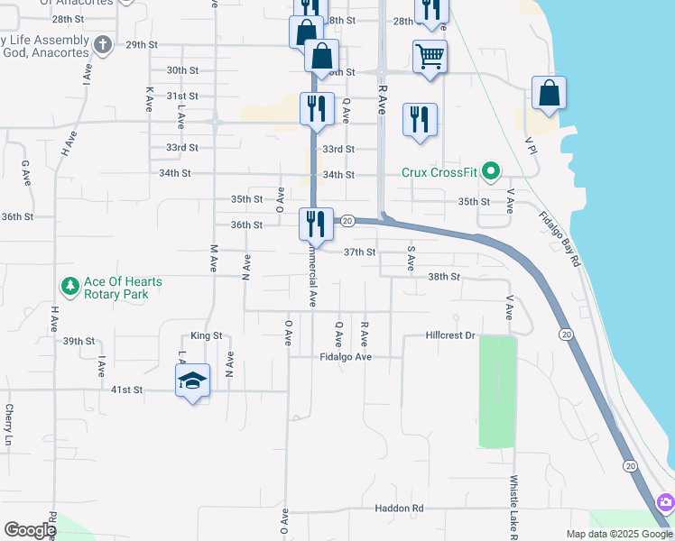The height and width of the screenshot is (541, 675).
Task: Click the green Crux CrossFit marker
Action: (x=491, y=170)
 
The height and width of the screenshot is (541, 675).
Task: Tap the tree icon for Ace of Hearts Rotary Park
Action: (x=70, y=287)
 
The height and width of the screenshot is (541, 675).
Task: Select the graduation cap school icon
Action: (x=193, y=382)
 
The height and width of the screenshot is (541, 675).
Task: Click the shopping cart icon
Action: (x=430, y=57)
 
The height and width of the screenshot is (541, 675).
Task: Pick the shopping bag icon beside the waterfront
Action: (x=549, y=93)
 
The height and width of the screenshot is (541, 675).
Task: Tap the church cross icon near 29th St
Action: (x=103, y=44)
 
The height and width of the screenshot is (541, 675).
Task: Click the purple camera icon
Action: (x=666, y=501)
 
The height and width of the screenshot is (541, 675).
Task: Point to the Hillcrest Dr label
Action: (x=450, y=335)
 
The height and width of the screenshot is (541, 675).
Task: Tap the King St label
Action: (x=206, y=335)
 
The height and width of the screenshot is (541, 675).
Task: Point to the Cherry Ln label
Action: (x=8, y=425)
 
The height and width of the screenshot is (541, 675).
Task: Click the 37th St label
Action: (x=358, y=252)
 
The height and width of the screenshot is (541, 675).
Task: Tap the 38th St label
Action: (x=443, y=277)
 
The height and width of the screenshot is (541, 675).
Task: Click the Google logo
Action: (x=30, y=530)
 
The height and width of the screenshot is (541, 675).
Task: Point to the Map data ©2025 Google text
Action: (x=618, y=534)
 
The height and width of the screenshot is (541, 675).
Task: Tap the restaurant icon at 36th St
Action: (x=315, y=223)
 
